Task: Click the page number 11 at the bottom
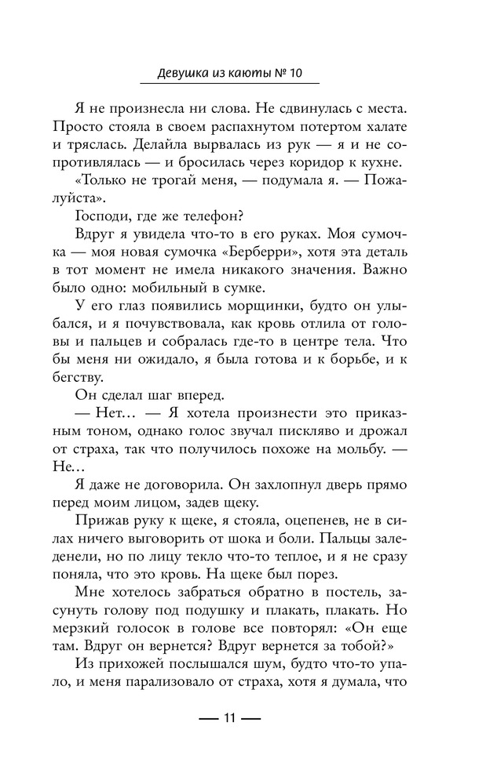tap(229, 718)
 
